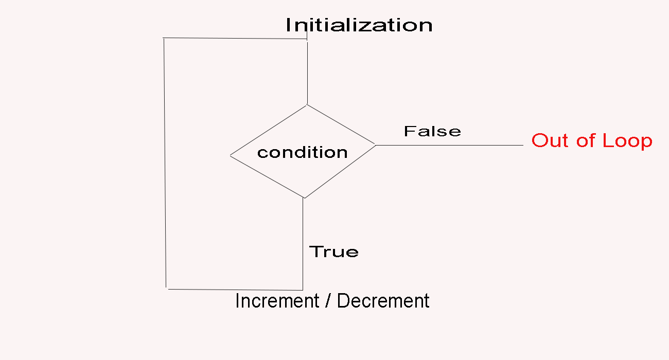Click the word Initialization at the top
point(359,25)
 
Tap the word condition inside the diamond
point(302,152)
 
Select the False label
point(432,131)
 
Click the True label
point(333,251)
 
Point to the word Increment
point(277,301)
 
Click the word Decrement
point(383,301)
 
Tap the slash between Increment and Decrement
point(328,301)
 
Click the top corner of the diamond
point(307,105)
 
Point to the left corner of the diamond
point(230,155)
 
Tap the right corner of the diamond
point(376,145)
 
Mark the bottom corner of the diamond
point(304,198)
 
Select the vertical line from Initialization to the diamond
point(307,72)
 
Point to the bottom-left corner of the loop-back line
point(167,289)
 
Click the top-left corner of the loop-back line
point(164,38)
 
